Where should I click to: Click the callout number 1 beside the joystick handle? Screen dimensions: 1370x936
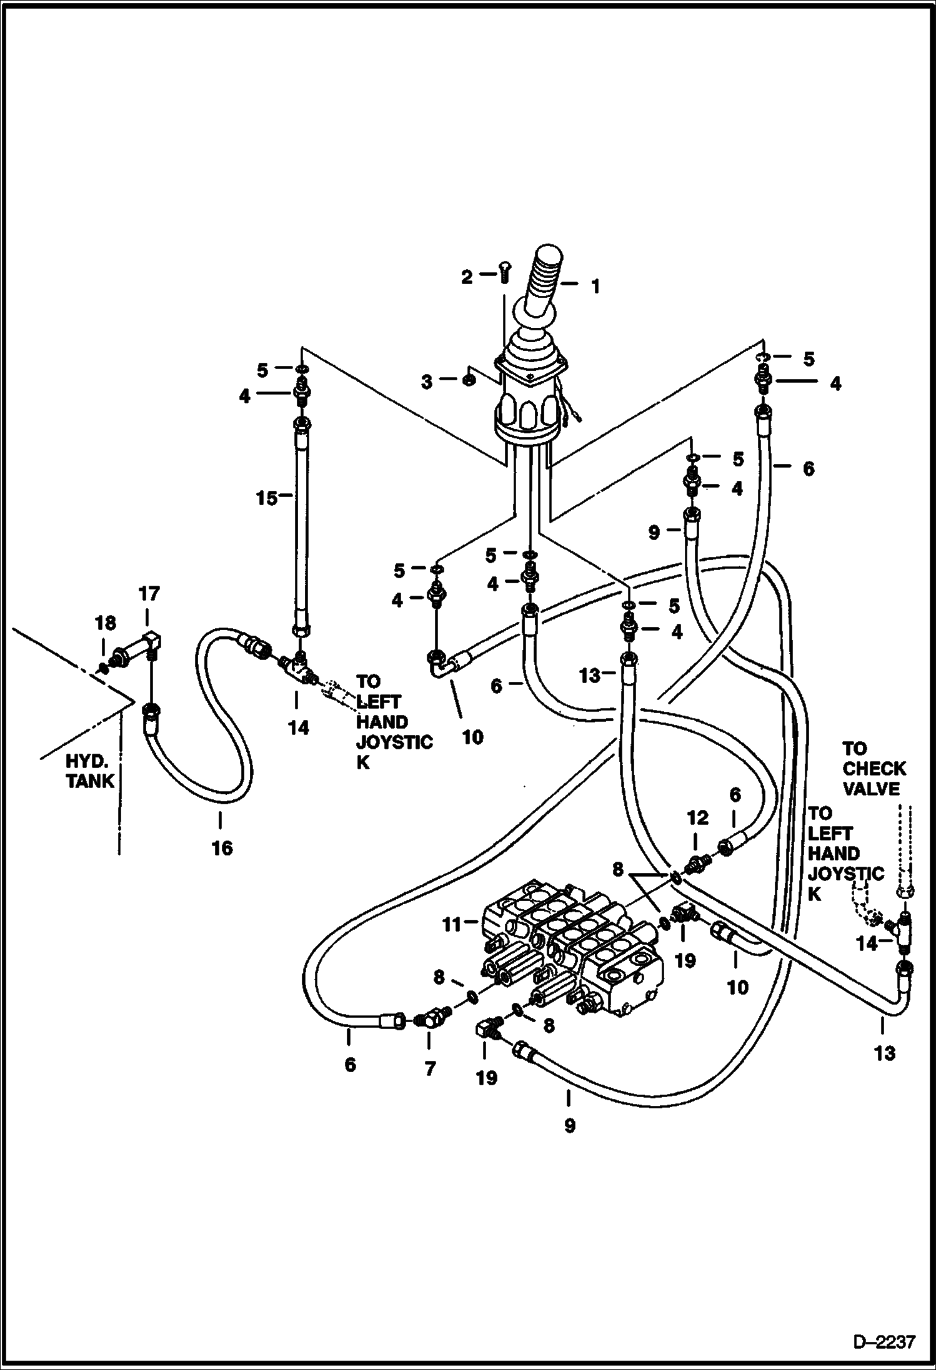pos(595,287)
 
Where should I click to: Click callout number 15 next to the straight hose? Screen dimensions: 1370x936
pos(267,499)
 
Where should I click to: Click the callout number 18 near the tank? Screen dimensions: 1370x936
pos(106,623)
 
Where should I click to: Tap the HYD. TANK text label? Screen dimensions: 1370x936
pos(91,771)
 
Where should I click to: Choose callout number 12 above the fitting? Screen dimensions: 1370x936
pos(697,817)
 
